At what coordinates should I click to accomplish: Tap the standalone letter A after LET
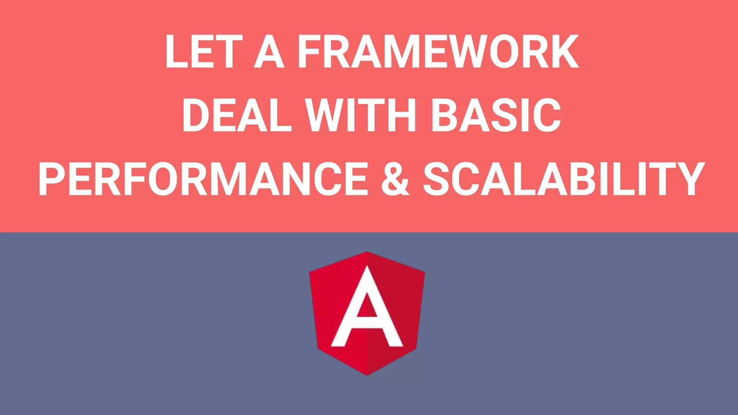[x=269, y=52]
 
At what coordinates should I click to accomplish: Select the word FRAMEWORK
[x=438, y=52]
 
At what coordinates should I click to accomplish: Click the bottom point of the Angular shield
[x=367, y=374]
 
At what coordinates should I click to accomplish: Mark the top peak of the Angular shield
[x=367, y=253]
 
